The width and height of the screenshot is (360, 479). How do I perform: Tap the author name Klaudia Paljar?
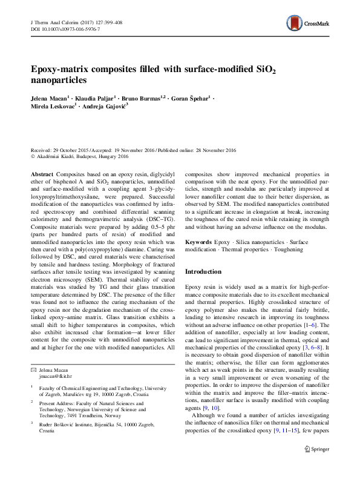tap(94, 96)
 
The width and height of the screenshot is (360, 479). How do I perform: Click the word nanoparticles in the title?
tap(59, 80)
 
